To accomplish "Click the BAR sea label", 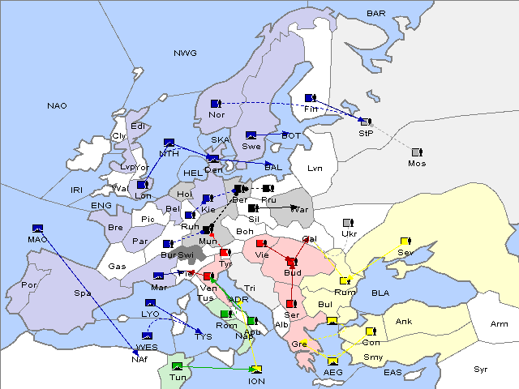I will [x=376, y=14].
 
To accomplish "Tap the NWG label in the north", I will [x=185, y=53].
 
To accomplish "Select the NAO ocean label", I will [x=58, y=106].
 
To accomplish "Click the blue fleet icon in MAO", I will [x=36, y=229].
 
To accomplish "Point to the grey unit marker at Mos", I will [x=416, y=152].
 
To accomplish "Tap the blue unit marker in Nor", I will [x=216, y=104].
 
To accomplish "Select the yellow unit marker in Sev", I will [x=405, y=242].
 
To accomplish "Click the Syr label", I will [x=481, y=369].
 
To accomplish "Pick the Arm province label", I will [x=500, y=324].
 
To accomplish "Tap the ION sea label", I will [x=256, y=380].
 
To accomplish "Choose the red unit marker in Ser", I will [x=290, y=304].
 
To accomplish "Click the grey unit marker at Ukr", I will [x=347, y=223].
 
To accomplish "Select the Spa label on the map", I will [x=82, y=293].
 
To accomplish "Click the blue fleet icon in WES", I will [x=148, y=336].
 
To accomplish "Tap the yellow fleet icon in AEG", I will [x=332, y=361].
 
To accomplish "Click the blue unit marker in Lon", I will [x=141, y=185].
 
